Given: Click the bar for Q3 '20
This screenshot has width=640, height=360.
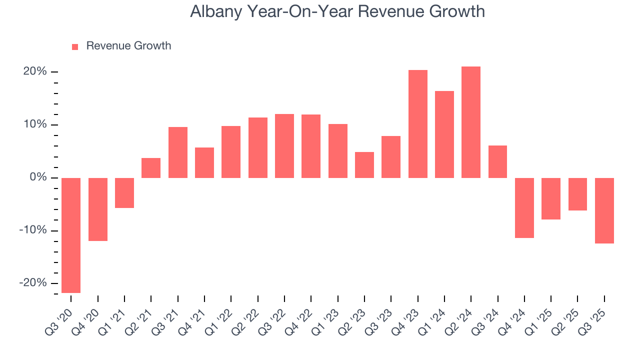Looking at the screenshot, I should pos(71,235).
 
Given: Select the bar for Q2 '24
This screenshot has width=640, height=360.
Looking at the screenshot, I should pos(471,122).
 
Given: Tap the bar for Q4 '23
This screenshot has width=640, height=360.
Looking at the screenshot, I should pos(417,124).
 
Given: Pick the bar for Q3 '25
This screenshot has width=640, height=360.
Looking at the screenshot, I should pos(604,210).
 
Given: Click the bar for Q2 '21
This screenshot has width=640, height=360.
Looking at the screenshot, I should pos(151,168).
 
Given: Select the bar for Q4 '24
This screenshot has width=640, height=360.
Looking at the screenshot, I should pos(524,207).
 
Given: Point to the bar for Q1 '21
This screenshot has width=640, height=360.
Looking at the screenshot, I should pos(124,192).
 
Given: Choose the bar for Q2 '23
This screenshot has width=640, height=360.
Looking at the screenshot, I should pos(364,165).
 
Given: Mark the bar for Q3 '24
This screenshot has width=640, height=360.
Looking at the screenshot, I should pos(497,161).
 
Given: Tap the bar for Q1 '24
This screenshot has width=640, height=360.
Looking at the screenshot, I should pos(444,134).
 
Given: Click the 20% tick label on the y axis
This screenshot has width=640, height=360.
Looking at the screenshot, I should pos(34,72).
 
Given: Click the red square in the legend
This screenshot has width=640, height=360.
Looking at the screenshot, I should pos(75,46).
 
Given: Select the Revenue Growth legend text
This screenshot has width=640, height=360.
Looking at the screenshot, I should pos(128,46).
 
